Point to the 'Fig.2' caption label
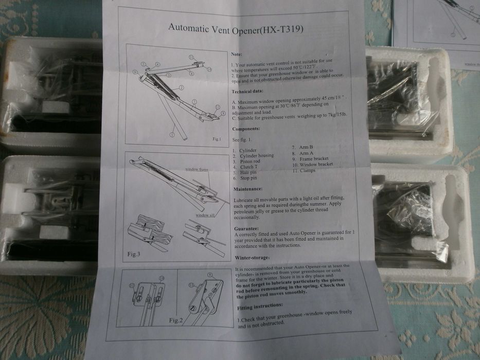coord(176,320)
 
